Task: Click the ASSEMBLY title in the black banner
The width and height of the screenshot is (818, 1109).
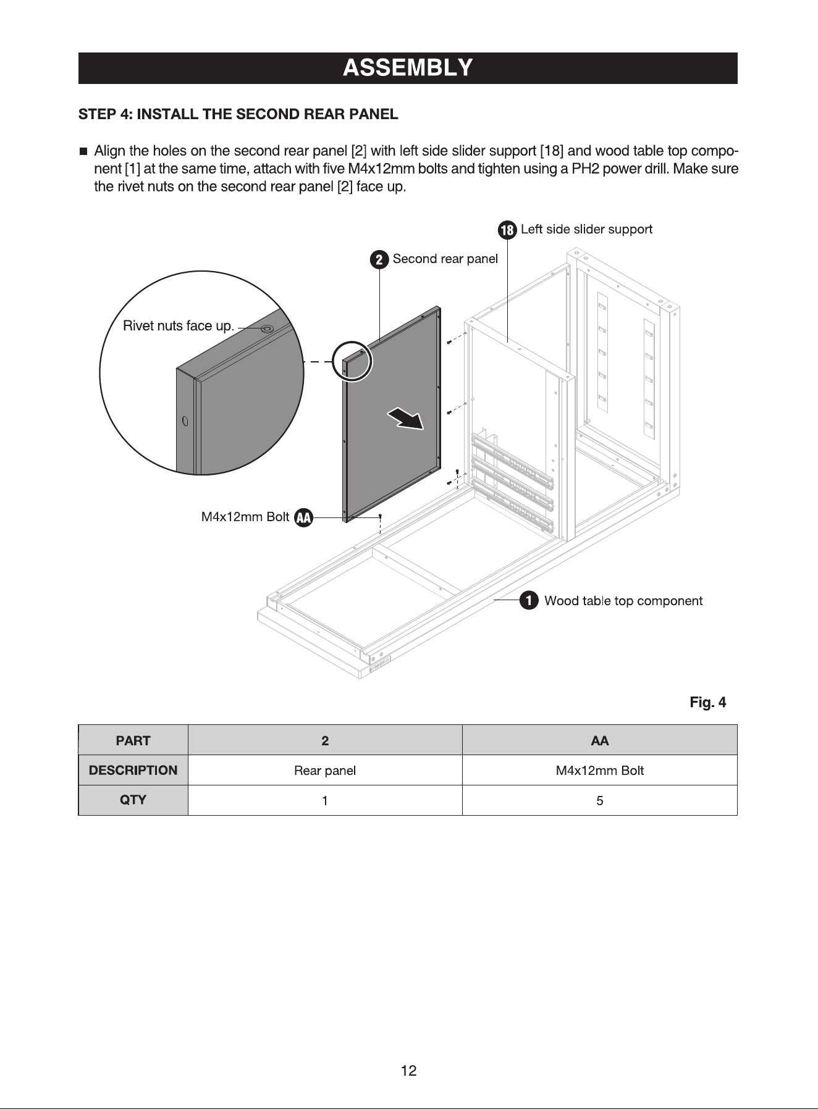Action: tap(408, 67)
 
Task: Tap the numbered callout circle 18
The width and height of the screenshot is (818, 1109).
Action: tap(507, 230)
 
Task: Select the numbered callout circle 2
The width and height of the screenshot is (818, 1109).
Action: tap(379, 260)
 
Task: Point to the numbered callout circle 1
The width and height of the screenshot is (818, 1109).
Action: tap(528, 601)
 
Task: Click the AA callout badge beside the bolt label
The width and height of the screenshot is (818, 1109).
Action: tap(303, 517)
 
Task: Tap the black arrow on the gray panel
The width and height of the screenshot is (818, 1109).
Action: tap(406, 418)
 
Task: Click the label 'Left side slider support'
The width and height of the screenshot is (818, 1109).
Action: tap(586, 230)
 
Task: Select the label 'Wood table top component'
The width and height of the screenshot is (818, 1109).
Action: tap(623, 601)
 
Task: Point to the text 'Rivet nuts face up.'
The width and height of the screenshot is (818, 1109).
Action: tap(179, 326)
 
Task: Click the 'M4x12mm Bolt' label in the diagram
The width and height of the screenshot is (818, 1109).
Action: tap(245, 517)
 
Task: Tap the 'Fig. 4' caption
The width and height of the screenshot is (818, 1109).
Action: tap(708, 702)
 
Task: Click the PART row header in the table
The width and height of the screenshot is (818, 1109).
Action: tap(133, 740)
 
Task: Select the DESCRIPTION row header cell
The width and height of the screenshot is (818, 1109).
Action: tap(133, 771)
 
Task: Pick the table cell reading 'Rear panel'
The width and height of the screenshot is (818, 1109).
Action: tap(325, 771)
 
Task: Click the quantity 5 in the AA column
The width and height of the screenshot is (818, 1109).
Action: tap(599, 801)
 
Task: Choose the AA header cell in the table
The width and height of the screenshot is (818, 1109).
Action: tap(599, 740)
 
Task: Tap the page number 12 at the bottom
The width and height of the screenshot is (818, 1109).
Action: tap(409, 1071)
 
